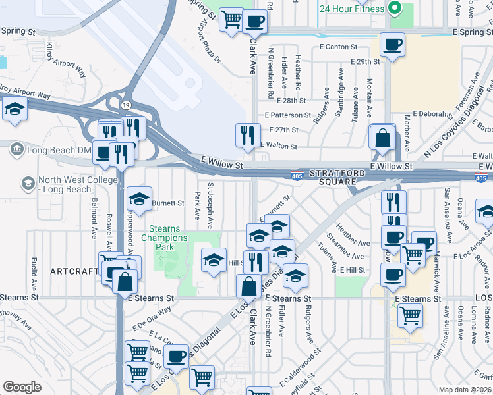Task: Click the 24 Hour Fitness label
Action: point(351,9)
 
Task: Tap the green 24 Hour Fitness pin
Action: point(395,9)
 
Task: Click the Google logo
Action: point(22,387)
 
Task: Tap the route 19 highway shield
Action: point(125,105)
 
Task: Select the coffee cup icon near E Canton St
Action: point(392,45)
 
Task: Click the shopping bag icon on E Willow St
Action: point(382,138)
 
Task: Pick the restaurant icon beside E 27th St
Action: point(248,135)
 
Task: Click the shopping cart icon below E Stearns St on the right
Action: point(410,315)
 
